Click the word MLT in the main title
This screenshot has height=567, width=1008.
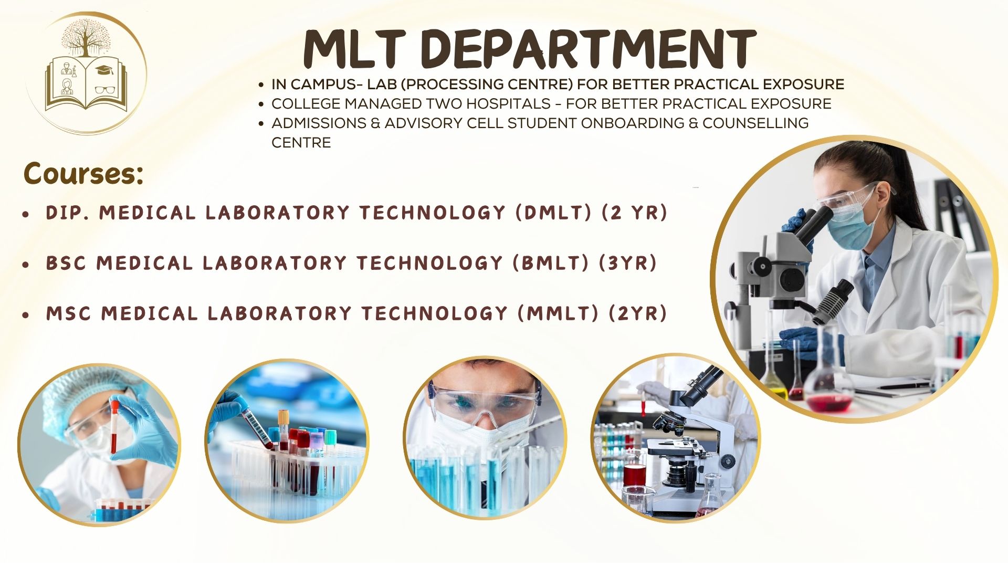pos(354,48)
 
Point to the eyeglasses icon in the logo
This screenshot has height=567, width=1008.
pos(106,90)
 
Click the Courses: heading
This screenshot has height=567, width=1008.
pos(83,173)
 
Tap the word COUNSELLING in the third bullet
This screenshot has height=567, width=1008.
pos(755,123)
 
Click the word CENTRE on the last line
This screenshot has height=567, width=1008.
pos(301,142)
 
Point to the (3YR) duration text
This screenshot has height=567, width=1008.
pos(628,263)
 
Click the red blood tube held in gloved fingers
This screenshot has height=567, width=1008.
pos(113,426)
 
